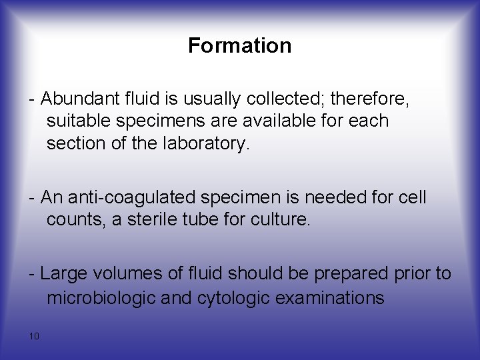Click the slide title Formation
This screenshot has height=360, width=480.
239,45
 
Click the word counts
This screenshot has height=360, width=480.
75,220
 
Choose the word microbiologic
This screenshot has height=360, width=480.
101,297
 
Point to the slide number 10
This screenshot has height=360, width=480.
34,336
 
